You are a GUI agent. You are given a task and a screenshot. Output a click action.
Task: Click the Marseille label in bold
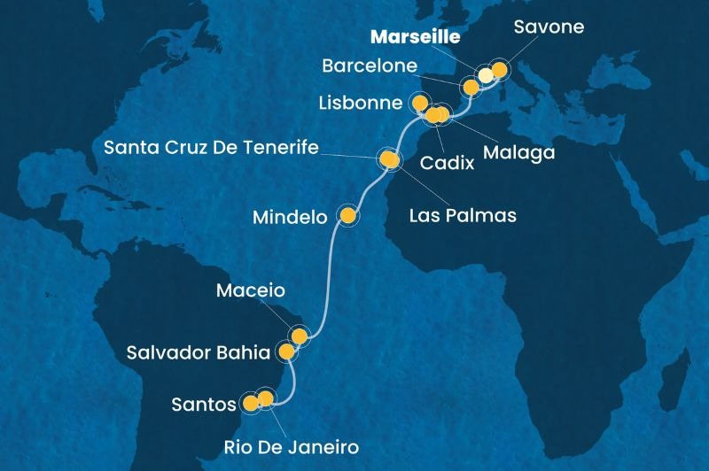416,38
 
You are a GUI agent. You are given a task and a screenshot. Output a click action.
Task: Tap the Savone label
549,27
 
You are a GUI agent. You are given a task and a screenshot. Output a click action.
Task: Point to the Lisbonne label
359,103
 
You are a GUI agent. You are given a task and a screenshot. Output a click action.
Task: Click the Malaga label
518,152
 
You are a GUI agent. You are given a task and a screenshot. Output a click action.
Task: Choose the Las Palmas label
464,214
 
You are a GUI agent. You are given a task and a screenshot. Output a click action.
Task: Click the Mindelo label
292,215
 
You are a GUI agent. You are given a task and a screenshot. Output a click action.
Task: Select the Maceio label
253,291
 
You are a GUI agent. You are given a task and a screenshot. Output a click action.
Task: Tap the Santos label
206,405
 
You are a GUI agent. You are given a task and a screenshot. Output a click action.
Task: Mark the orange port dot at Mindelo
348,215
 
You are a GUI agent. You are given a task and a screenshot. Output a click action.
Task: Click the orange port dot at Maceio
300,336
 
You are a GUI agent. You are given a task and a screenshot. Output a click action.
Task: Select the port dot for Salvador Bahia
286,352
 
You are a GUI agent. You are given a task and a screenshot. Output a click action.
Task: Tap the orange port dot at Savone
499,69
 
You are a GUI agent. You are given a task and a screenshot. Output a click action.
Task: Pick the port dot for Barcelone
470,87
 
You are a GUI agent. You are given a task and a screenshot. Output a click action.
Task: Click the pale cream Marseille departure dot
486,75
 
